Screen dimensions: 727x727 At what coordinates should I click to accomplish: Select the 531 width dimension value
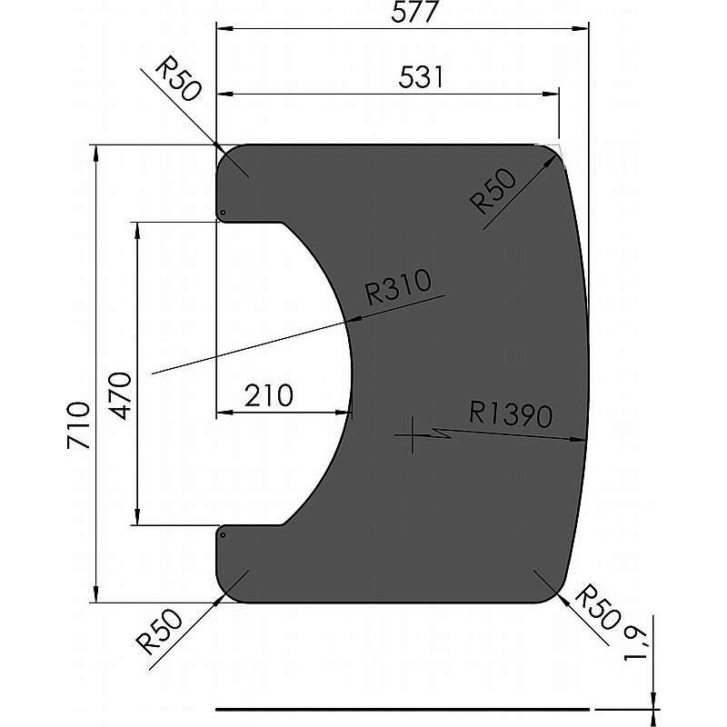coord(421,77)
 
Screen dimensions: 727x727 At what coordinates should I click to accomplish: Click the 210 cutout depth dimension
coord(268,396)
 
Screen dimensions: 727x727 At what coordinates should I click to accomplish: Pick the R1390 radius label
coord(511,414)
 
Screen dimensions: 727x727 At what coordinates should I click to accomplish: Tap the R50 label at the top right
coord(494,191)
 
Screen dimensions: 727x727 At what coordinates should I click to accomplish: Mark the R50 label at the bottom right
coord(600,610)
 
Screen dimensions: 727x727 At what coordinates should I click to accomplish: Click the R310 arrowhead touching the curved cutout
coord(354,319)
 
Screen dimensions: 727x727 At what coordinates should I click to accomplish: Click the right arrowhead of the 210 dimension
coord(344,415)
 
